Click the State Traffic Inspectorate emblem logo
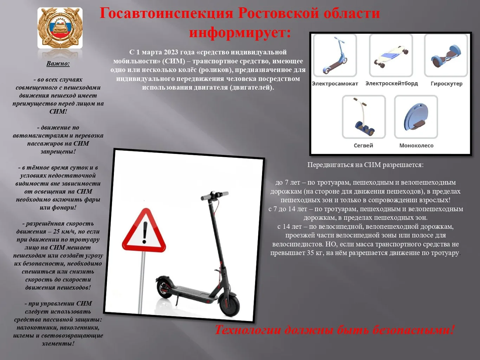coord(60,28)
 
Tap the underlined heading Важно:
coord(58,64)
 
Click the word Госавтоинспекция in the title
coord(167,13)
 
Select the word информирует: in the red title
coord(240,33)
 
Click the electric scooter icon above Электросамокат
coord(335,55)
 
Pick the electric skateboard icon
coord(391,55)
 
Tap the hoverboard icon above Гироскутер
coord(446,55)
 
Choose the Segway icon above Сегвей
coord(364,117)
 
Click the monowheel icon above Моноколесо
coord(416,117)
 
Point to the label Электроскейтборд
coord(391,83)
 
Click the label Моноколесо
coord(416,146)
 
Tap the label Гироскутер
coord(446,84)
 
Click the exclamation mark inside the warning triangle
coord(144,232)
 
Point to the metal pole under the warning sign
coord(143,281)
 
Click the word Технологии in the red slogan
coord(248,330)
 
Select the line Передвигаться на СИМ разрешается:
coord(365,165)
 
